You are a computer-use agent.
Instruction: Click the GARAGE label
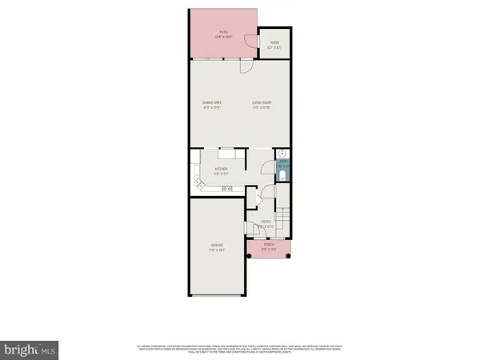click(216, 245)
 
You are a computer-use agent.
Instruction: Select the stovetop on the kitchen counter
click(227, 189)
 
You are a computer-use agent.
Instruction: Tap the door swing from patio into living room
click(245, 66)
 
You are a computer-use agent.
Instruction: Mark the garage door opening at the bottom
click(216, 295)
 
